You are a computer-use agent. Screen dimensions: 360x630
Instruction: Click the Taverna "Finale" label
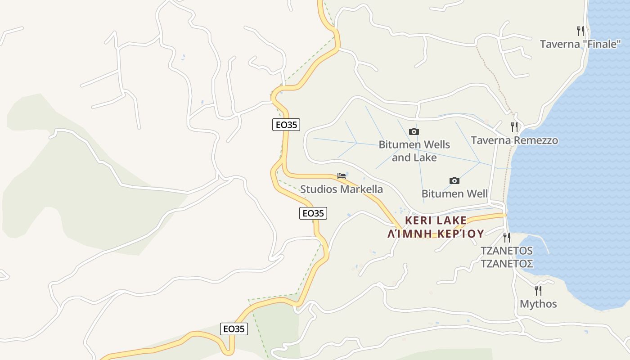click(580, 44)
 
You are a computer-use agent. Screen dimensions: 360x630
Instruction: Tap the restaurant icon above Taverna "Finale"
click(580, 31)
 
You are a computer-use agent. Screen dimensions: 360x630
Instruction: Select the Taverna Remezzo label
click(514, 140)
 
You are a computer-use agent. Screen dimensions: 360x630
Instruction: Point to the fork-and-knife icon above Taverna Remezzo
click(514, 126)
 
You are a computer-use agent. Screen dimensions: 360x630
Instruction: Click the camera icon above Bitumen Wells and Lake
click(414, 131)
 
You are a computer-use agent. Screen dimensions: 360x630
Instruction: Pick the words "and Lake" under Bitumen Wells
click(414, 157)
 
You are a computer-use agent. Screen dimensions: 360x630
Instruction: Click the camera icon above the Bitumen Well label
click(454, 180)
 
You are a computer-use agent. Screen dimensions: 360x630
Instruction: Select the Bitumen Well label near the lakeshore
click(454, 194)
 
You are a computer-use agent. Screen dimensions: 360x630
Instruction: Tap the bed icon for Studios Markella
click(342, 175)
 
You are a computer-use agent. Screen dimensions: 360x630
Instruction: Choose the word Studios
click(319, 189)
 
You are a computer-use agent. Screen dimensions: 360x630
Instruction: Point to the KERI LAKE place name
click(436, 220)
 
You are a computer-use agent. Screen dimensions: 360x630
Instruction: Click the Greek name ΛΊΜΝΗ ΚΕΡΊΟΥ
click(436, 234)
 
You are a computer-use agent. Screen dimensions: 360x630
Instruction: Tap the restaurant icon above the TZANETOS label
click(507, 237)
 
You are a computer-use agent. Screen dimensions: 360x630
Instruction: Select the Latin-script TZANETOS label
click(507, 251)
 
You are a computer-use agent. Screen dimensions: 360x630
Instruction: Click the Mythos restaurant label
click(538, 304)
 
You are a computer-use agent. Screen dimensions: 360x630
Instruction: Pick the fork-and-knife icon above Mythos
click(538, 290)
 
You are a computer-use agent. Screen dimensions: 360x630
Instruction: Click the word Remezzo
click(535, 140)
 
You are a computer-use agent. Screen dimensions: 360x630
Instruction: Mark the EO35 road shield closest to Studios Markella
click(313, 213)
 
